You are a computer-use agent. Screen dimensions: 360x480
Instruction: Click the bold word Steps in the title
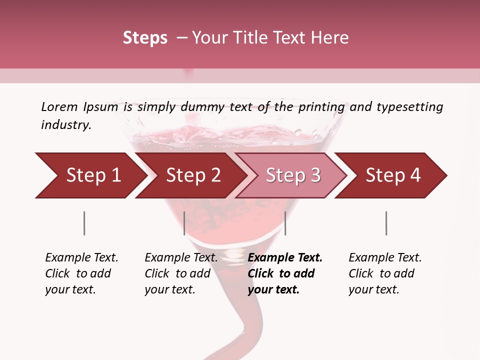tap(145, 38)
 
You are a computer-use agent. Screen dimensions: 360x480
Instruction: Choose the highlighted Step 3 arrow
tap(293, 175)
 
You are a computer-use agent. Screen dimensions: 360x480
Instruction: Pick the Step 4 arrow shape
tap(393, 175)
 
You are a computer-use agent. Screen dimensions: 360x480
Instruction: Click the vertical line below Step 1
tap(84, 223)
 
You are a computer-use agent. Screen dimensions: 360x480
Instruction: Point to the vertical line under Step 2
tap(184, 223)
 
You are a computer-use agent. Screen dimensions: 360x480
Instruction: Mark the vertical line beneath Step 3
tap(285, 223)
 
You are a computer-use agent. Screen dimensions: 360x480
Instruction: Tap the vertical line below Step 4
tap(386, 223)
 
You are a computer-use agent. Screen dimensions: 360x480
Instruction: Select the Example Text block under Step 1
tap(81, 273)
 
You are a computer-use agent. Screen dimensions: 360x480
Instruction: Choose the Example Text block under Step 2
tap(181, 273)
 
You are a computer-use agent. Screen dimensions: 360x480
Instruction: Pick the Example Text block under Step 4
tap(385, 273)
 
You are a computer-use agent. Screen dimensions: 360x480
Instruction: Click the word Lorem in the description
tap(59, 107)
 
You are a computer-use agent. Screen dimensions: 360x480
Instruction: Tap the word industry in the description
tap(65, 125)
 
